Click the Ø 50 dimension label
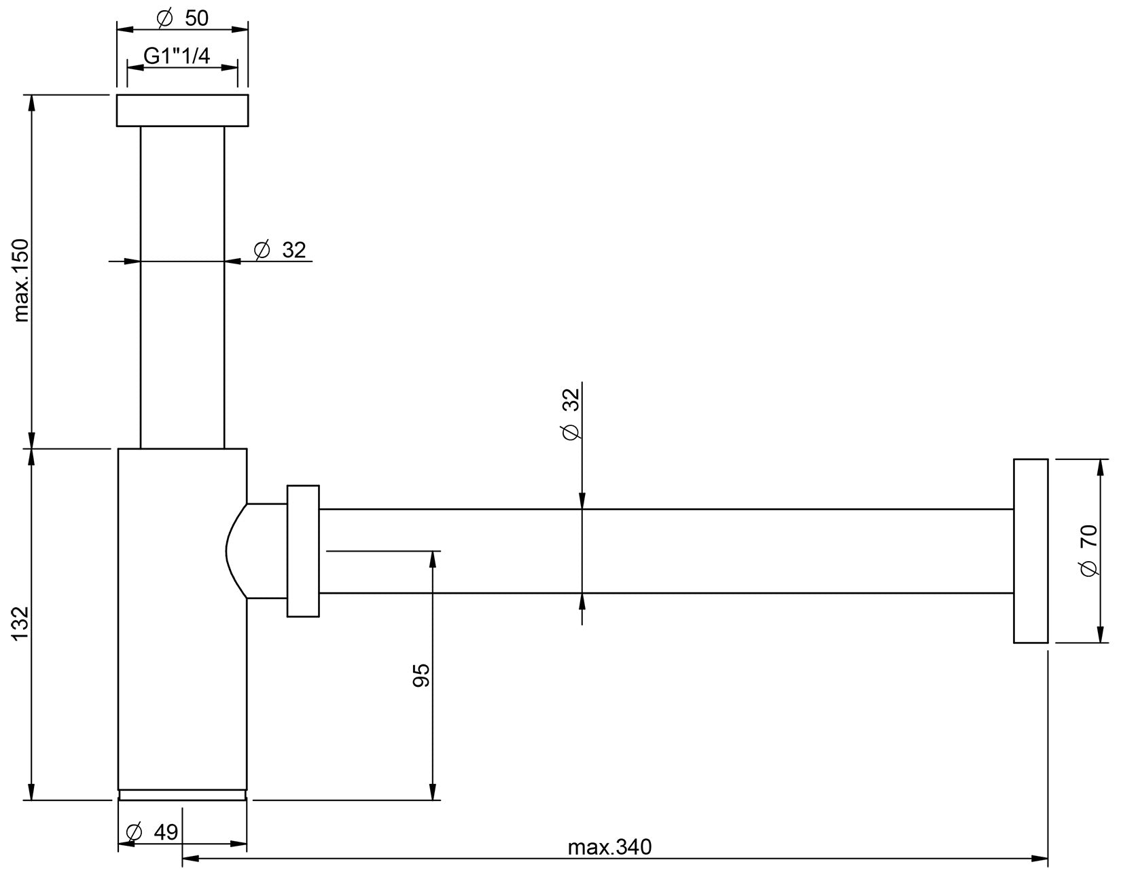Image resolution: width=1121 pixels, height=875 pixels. click(x=183, y=18)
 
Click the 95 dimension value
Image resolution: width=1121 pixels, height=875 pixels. click(x=421, y=675)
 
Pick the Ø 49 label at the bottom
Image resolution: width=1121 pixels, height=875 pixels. click(x=154, y=832)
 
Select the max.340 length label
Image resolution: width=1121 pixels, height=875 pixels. click(x=609, y=847)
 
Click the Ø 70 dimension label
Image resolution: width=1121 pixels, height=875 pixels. click(x=1088, y=550)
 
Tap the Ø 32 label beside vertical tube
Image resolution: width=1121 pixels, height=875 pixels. click(x=281, y=250)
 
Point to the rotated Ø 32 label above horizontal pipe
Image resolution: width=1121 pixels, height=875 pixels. click(x=571, y=414)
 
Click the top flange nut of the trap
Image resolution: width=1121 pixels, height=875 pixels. click(x=182, y=111)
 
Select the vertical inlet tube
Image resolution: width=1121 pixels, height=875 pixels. click(x=182, y=285)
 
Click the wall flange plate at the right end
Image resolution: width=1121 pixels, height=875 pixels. click(x=1031, y=551)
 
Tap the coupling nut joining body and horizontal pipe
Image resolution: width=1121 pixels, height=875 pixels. click(x=303, y=551)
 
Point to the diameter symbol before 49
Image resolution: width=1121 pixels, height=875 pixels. click(x=134, y=832)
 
